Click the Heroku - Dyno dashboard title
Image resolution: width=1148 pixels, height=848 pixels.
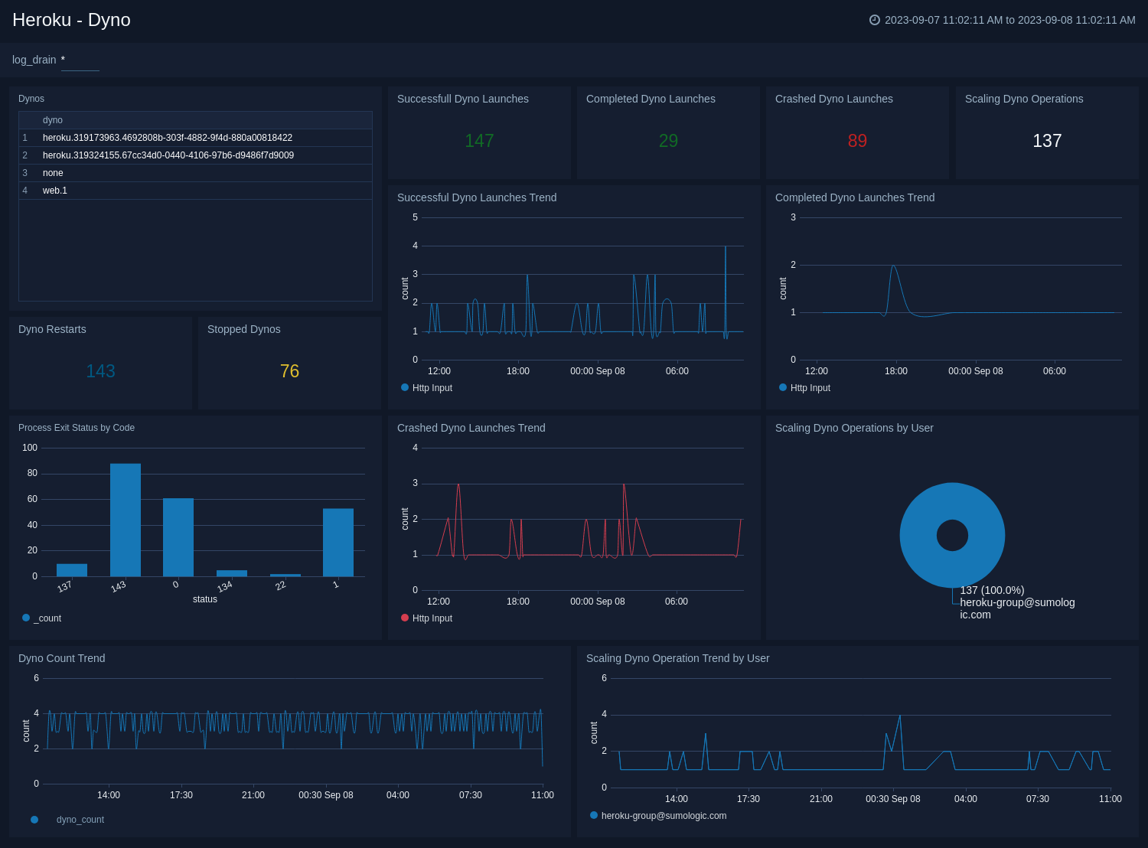pos(71,20)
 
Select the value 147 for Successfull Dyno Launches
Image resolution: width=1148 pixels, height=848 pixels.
pos(479,141)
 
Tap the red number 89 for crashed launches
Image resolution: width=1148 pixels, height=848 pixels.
pos(857,141)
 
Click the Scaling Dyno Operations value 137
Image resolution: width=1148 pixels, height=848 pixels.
pos(1046,141)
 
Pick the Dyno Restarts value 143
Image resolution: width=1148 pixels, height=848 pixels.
pos(100,371)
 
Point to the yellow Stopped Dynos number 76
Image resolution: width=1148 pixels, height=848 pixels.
pos(289,371)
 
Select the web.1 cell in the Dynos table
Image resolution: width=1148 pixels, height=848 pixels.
pos(55,191)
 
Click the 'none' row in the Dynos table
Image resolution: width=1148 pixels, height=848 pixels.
pos(53,173)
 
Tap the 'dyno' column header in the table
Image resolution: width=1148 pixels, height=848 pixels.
pos(53,120)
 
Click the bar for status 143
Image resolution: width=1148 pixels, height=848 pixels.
pos(126,520)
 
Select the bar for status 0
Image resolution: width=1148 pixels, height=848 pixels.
pos(178,537)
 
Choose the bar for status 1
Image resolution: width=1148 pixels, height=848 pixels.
pos(338,543)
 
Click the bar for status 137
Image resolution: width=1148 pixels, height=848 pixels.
pos(72,570)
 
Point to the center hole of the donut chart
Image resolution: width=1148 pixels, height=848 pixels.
pos(952,535)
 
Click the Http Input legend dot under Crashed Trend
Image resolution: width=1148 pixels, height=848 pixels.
pos(405,618)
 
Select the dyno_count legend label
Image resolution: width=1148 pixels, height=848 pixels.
pos(80,820)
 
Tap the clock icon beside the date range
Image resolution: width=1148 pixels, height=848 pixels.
pos(875,20)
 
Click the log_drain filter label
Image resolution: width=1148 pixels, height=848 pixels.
pos(34,60)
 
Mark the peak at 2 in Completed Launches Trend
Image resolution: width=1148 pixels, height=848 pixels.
pos(893,266)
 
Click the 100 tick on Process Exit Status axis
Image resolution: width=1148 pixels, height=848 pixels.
pos(30,448)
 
